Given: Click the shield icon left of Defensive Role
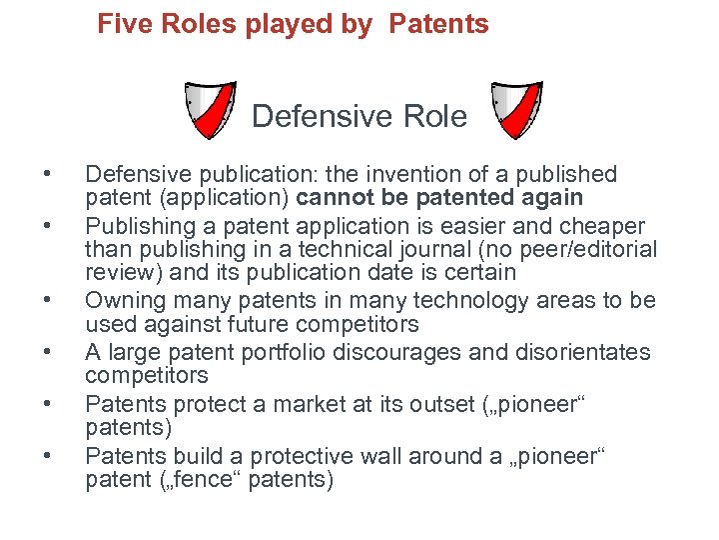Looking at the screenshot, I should [x=211, y=111].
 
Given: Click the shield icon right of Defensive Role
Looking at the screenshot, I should [x=517, y=111].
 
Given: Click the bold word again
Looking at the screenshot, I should [x=554, y=198].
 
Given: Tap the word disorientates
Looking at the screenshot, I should [x=579, y=352].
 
